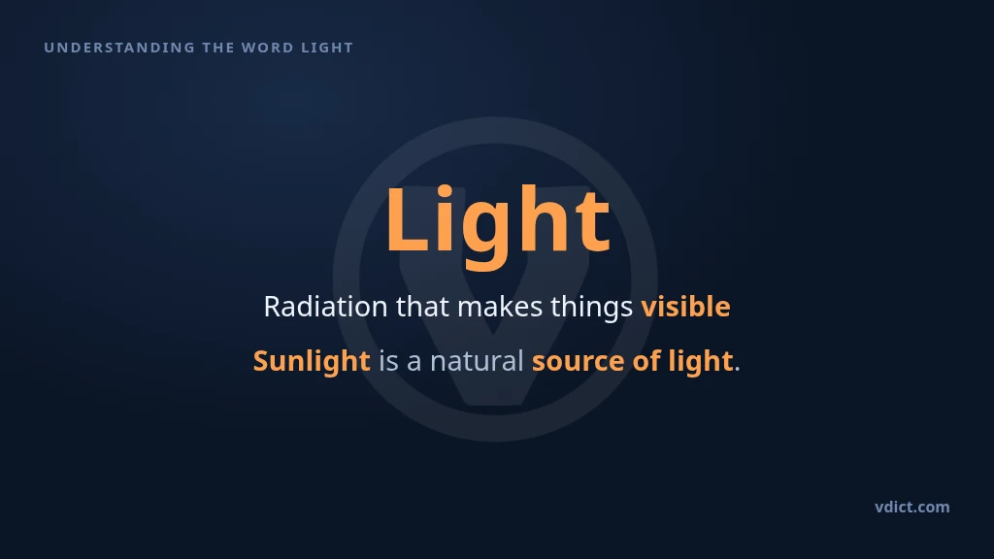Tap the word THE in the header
tap(218, 48)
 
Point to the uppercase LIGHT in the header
tap(327, 48)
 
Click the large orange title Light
tap(498, 222)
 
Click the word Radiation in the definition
tap(325, 307)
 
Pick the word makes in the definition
tap(500, 307)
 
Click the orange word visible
tap(685, 307)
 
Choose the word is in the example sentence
tap(388, 361)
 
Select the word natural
tap(477, 361)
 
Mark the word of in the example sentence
tap(646, 361)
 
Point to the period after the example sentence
tap(738, 370)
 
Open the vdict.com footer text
tap(912, 507)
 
